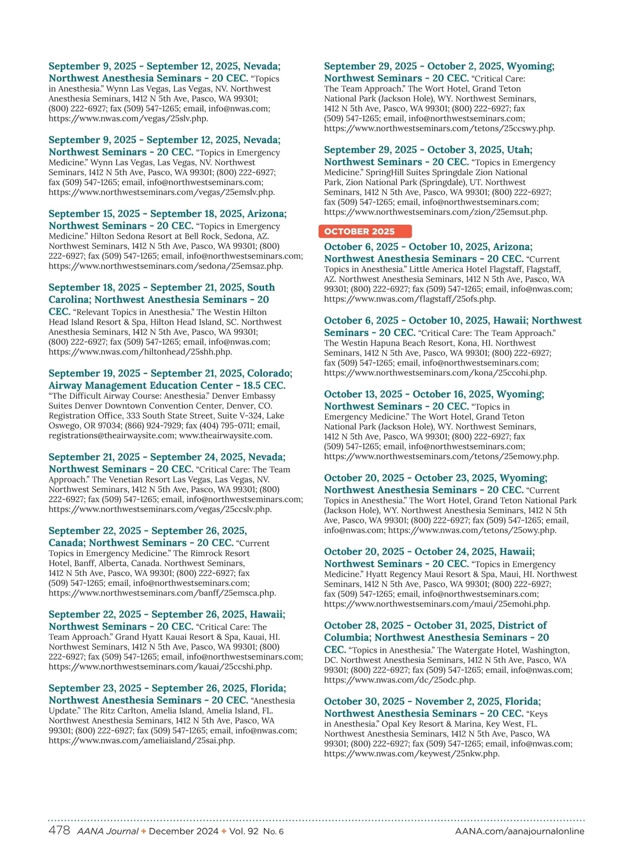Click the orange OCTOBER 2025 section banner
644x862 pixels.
tap(365, 231)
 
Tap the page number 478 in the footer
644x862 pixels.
tap(59, 830)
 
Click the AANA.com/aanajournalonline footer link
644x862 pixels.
tap(519, 831)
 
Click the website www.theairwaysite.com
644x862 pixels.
tap(225, 436)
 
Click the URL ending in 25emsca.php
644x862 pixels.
tap(162, 593)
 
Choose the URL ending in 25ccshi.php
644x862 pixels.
tap(160, 667)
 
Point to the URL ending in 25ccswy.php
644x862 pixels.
tap(440, 129)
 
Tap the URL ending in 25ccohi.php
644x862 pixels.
tap(435, 372)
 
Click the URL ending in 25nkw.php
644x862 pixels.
tap(412, 754)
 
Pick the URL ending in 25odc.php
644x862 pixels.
tap(400, 680)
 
